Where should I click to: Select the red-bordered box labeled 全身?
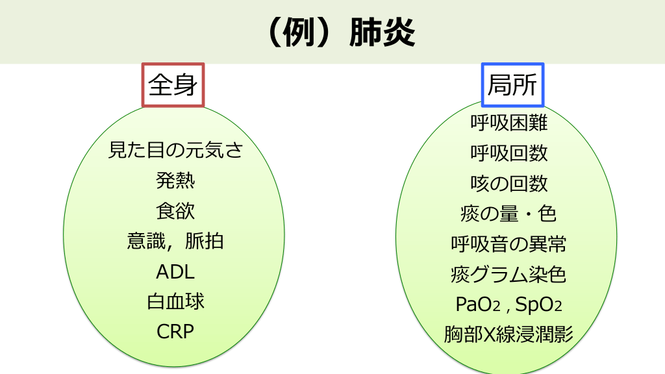(x=173, y=84)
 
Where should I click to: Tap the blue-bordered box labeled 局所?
(x=512, y=84)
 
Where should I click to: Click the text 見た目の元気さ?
(x=175, y=151)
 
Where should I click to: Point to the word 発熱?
(x=175, y=181)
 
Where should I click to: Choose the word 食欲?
(x=175, y=211)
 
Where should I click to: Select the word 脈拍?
(x=205, y=242)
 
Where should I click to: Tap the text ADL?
(x=175, y=271)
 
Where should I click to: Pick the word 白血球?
(x=175, y=302)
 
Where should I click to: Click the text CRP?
(x=175, y=332)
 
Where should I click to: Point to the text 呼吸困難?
(x=509, y=123)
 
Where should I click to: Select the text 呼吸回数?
(x=509, y=153)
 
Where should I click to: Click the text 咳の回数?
(x=509, y=184)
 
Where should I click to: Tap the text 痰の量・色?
(x=509, y=214)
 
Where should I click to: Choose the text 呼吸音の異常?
(x=509, y=244)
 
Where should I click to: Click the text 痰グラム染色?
(x=509, y=275)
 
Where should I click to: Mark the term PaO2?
(x=477, y=305)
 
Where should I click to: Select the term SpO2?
(x=538, y=305)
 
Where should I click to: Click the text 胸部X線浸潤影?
(x=509, y=334)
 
